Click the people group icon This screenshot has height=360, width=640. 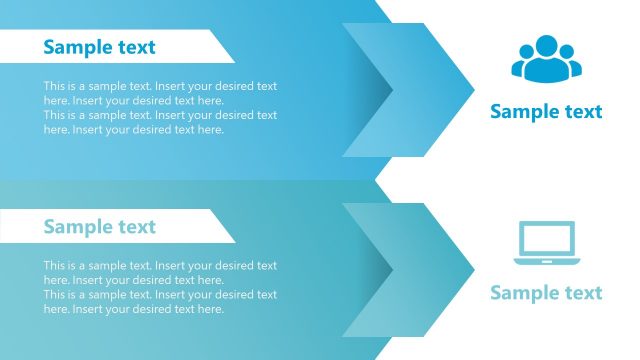tap(545, 59)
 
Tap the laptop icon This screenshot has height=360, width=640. tap(545, 243)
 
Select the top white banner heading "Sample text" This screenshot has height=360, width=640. tap(99, 47)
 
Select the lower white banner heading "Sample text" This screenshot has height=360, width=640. tap(99, 227)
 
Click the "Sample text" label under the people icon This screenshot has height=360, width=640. tap(546, 112)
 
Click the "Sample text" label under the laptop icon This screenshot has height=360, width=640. tap(546, 293)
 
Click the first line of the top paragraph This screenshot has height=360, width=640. tap(160, 86)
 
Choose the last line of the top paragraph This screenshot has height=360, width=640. tap(134, 130)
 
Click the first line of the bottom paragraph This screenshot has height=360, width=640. tap(160, 266)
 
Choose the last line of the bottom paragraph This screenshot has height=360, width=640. tap(134, 310)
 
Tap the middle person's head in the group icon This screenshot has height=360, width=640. tap(546, 45)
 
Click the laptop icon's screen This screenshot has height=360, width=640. tap(546, 239)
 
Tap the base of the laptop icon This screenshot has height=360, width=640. tap(546, 262)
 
